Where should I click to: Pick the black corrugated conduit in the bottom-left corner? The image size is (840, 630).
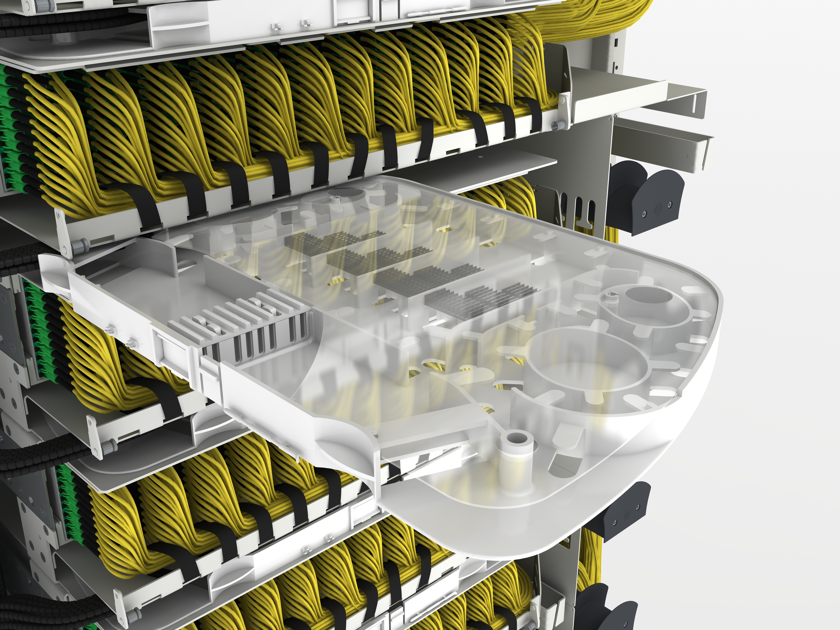30,611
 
